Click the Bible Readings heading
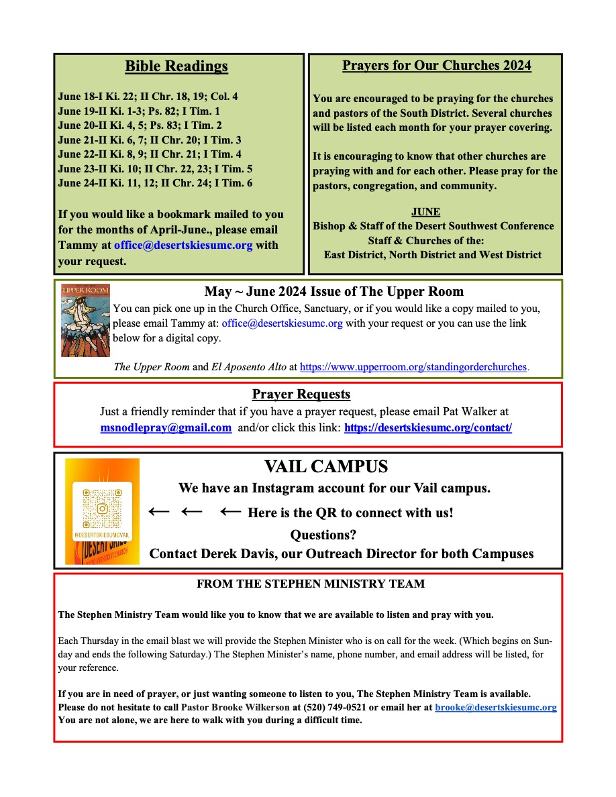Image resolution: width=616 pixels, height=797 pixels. click(x=176, y=66)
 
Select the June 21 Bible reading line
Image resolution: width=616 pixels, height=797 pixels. click(x=150, y=140)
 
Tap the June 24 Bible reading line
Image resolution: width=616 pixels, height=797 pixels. click(x=155, y=183)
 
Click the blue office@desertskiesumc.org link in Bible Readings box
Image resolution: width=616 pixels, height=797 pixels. click(x=183, y=245)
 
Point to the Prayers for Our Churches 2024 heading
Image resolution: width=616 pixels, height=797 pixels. click(x=436, y=66)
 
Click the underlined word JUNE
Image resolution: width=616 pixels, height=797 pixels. click(x=425, y=212)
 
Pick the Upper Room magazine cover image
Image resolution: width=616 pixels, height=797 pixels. click(x=85, y=320)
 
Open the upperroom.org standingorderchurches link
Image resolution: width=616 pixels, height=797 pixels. click(x=413, y=367)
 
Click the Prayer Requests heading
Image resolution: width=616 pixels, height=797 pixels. click(x=301, y=394)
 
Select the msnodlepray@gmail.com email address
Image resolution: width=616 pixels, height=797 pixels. click(x=166, y=427)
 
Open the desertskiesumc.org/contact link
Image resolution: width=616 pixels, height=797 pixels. click(x=428, y=427)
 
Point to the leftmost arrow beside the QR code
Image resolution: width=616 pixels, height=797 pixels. click(x=159, y=512)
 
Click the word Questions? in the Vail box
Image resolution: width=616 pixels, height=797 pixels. click(x=323, y=535)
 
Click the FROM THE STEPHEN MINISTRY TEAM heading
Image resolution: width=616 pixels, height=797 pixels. click(x=311, y=584)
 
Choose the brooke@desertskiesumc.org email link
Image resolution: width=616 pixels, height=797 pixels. click(x=495, y=707)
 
